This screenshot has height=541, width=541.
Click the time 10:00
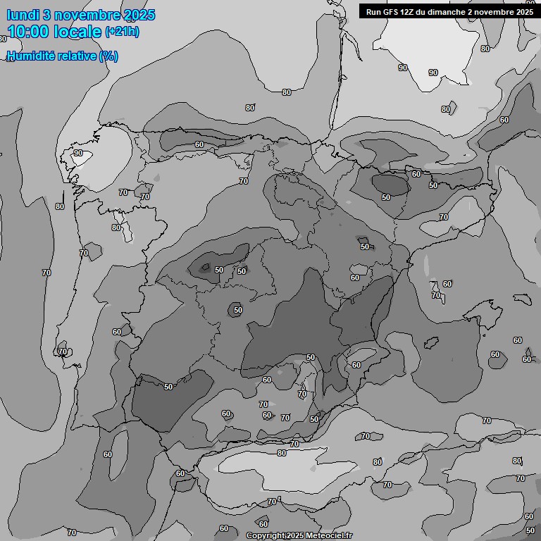(28, 32)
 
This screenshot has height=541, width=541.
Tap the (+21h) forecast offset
(122, 32)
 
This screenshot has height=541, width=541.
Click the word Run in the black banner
(374, 11)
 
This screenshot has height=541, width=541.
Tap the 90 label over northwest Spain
(77, 153)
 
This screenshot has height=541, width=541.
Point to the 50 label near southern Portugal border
(168, 387)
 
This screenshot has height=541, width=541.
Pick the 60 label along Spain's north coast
(199, 144)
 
